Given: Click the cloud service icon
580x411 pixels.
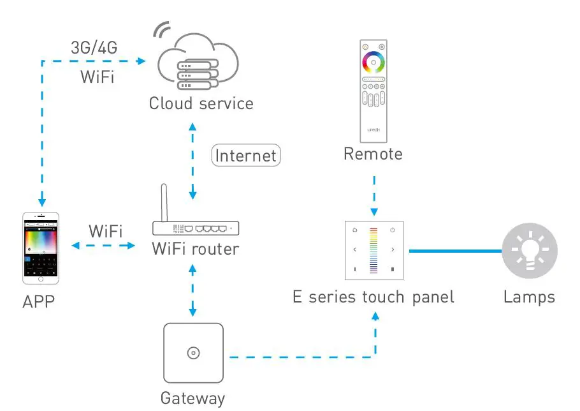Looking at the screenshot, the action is pyautogui.click(x=198, y=61).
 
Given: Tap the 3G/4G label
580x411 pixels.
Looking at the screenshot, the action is pyautogui.click(x=94, y=48).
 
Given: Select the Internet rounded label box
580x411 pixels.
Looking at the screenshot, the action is pyautogui.click(x=246, y=155).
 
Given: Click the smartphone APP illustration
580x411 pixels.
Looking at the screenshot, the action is pyautogui.click(x=41, y=248).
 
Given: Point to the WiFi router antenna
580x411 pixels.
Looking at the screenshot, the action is pyautogui.click(x=164, y=203).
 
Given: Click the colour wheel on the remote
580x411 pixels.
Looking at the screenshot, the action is pyautogui.click(x=373, y=62).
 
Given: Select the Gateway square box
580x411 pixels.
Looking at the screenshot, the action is pyautogui.click(x=194, y=353).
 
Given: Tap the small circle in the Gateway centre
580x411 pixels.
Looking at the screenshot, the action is pyautogui.click(x=194, y=353).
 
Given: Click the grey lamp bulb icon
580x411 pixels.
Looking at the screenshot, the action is pyautogui.click(x=530, y=251).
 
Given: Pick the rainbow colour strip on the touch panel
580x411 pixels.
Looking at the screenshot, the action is pyautogui.click(x=373, y=250).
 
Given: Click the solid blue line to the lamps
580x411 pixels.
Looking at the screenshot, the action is pyautogui.click(x=455, y=251).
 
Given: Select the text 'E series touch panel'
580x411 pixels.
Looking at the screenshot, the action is pyautogui.click(x=373, y=297).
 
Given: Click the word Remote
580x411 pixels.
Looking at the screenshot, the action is pyautogui.click(x=373, y=154).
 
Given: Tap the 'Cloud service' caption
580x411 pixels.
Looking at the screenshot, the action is pyautogui.click(x=201, y=103).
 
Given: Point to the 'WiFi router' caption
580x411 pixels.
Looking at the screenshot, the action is pyautogui.click(x=195, y=249).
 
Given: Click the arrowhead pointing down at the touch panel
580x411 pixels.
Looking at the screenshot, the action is pyautogui.click(x=374, y=212).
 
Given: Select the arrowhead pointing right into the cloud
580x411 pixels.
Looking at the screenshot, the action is pyautogui.click(x=141, y=61).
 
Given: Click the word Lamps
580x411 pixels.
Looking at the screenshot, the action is pyautogui.click(x=529, y=297).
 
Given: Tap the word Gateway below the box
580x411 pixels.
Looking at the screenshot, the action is pyautogui.click(x=192, y=398).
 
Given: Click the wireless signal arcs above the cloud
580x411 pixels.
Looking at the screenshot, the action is pyautogui.click(x=162, y=29).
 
